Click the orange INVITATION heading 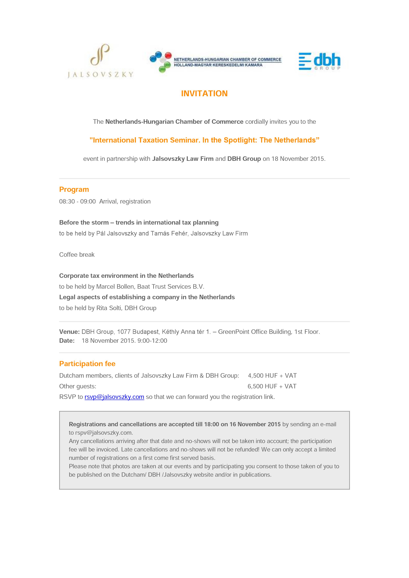click(204, 93)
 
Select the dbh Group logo click(320, 61)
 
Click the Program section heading click(74, 189)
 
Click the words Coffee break click(77, 255)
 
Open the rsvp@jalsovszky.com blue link click(114, 397)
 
